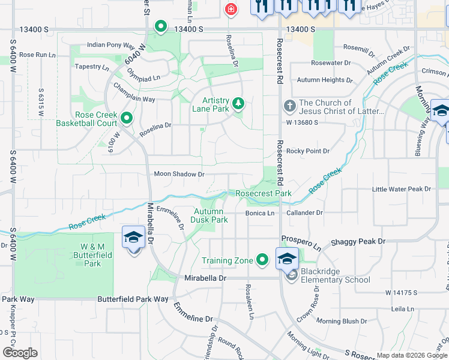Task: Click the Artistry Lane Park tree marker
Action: pyautogui.click(x=238, y=103)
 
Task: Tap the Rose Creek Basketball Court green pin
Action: pyautogui.click(x=127, y=118)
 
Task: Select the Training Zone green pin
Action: pyautogui.click(x=262, y=260)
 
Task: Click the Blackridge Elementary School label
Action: pyautogui.click(x=336, y=275)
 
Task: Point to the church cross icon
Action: pyautogui.click(x=289, y=107)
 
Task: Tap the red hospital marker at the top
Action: pyautogui.click(x=230, y=9)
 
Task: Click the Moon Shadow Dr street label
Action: pyautogui.click(x=179, y=174)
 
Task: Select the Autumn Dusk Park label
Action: pyautogui.click(x=210, y=215)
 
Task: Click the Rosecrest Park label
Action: pyautogui.click(x=264, y=193)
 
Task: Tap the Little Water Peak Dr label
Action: pyautogui.click(x=402, y=189)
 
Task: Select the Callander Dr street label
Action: pyautogui.click(x=305, y=212)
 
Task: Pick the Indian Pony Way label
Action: pyautogui.click(x=110, y=45)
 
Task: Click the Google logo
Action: pyautogui.click(x=20, y=353)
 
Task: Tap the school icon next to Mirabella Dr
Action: pyautogui.click(x=133, y=238)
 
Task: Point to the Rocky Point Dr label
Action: pyautogui.click(x=308, y=151)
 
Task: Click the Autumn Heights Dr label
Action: pyautogui.click(x=325, y=80)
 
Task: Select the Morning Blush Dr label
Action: pyautogui.click(x=342, y=322)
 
